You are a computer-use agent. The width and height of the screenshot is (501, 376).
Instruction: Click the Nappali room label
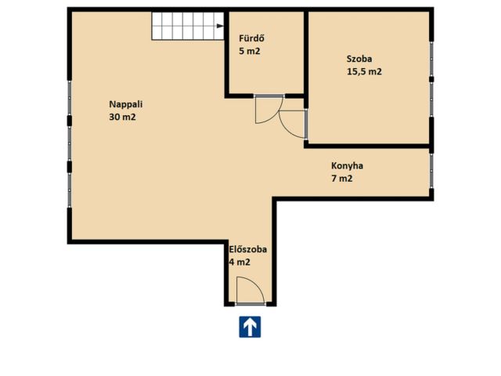pyautogui.click(x=125, y=104)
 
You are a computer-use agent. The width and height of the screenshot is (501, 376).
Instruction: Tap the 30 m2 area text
pyautogui.click(x=122, y=117)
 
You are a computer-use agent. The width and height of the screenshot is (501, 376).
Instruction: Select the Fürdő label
pyautogui.click(x=251, y=38)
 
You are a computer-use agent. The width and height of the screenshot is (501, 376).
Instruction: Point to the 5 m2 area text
pyautogui.click(x=249, y=51)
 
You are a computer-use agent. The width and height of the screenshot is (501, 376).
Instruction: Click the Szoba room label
pyautogui.click(x=359, y=59)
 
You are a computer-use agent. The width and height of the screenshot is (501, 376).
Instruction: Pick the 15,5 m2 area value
pyautogui.click(x=364, y=71)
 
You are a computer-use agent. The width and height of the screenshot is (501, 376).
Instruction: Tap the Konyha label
pyautogui.click(x=347, y=166)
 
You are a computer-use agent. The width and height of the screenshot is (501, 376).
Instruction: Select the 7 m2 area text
pyautogui.click(x=342, y=179)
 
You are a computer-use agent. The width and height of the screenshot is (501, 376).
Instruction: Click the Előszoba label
pyautogui.click(x=248, y=249)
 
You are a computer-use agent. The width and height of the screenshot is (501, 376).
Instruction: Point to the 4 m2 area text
pyautogui.click(x=240, y=262)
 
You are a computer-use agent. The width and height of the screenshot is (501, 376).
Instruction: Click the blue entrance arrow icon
pyautogui.click(x=250, y=327)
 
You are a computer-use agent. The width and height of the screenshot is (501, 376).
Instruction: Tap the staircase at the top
pyautogui.click(x=188, y=26)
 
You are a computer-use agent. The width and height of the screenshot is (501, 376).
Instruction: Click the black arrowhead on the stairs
pyautogui.click(x=220, y=26)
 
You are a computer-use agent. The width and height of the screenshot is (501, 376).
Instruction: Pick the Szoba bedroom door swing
pyautogui.click(x=285, y=129)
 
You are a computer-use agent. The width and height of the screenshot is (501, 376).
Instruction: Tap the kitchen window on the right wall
pyautogui.click(x=431, y=172)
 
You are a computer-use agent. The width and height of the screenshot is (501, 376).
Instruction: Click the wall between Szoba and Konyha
pyautogui.click(x=367, y=146)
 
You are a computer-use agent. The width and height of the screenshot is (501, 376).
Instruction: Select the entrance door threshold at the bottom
pyautogui.click(x=250, y=304)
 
